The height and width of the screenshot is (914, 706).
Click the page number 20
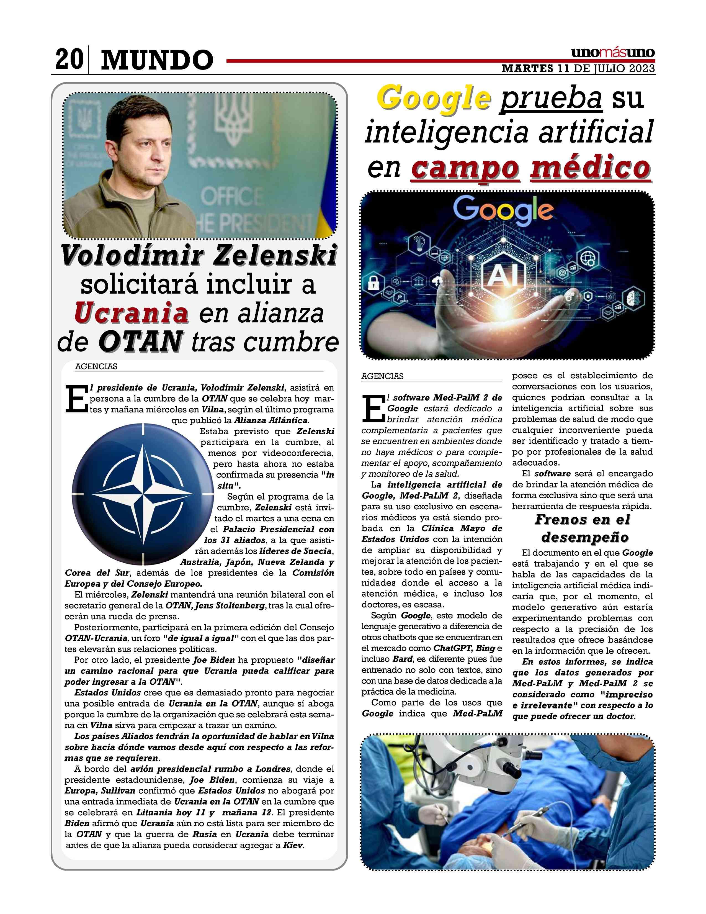click(x=69, y=60)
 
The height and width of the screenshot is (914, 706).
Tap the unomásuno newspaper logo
click(x=613, y=53)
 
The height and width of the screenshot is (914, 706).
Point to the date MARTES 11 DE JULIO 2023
click(x=578, y=69)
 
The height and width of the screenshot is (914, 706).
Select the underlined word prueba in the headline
click(x=551, y=98)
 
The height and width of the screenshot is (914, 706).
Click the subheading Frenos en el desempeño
click(x=582, y=528)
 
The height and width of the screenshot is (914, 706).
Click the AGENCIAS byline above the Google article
click(x=382, y=376)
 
